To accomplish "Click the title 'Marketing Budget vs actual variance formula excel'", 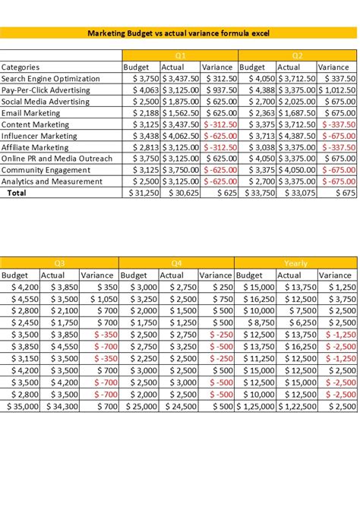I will tap(179, 33).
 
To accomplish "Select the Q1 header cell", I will tap(180, 55).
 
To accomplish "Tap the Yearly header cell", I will tap(295, 263).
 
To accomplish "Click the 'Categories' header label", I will tap(21, 68).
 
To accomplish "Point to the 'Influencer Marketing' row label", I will tap(39, 136).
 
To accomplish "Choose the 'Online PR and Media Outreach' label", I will tap(57, 159).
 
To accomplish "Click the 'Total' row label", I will tap(16, 193).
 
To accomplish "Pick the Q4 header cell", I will tap(177, 263).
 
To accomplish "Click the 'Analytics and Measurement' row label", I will tap(51, 181).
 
